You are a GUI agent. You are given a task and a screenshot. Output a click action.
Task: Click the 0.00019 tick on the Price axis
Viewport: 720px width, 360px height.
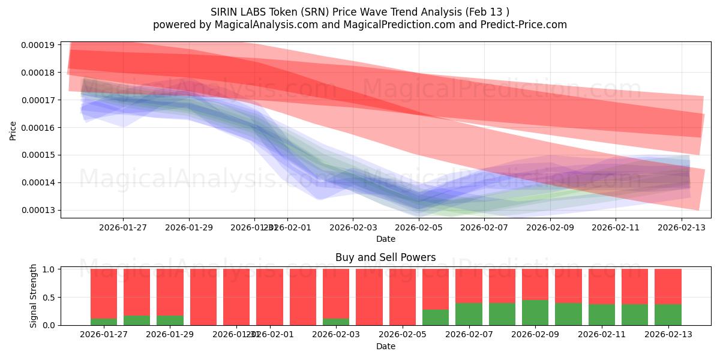[38, 45]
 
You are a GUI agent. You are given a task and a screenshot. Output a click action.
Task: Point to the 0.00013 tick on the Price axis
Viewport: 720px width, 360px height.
[38, 210]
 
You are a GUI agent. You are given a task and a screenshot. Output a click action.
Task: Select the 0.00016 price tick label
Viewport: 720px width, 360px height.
[38, 127]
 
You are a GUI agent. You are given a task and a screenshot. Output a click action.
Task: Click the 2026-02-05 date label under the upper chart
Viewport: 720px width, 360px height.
[418, 227]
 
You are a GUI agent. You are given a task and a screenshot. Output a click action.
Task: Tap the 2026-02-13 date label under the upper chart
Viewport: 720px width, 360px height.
[682, 227]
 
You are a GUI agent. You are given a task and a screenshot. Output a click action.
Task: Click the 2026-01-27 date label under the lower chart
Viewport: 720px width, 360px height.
[104, 335]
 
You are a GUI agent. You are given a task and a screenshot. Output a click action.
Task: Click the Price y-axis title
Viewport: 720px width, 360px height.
[13, 130]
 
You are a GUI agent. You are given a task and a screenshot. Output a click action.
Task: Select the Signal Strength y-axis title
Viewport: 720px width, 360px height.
[34, 296]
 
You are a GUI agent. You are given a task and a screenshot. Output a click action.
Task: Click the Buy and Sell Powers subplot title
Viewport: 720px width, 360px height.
[385, 257]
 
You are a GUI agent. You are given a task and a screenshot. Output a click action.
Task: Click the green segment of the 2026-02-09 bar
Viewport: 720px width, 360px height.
[535, 313]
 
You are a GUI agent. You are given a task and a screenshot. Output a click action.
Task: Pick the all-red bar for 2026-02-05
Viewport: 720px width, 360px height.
[403, 297]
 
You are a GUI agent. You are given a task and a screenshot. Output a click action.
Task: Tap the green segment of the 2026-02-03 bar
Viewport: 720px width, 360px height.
[336, 322]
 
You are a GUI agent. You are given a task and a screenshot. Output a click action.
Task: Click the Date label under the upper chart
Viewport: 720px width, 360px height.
[385, 239]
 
